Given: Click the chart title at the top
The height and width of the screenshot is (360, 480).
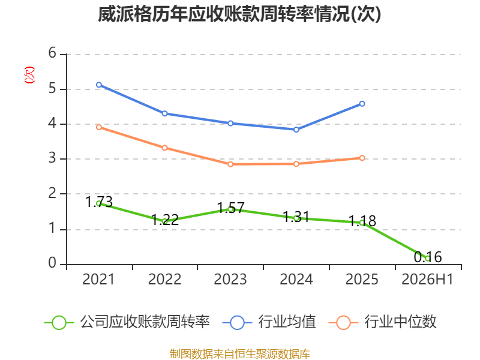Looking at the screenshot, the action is coord(239,14).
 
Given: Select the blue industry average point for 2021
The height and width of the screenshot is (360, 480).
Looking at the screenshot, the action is coord(99,85).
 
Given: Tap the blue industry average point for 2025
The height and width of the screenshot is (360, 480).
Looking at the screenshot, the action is coord(362,104).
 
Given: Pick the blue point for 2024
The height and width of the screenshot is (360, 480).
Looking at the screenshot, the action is coord(296,130).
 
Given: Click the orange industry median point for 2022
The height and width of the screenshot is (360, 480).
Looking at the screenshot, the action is coord(164,148).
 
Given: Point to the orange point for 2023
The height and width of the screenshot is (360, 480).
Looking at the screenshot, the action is coord(230,164).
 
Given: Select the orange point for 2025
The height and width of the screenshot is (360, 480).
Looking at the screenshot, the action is coord(362,158).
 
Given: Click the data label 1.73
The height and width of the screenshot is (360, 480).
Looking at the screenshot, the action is coord(99,202).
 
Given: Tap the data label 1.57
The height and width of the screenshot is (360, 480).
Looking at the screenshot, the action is coord(230,208).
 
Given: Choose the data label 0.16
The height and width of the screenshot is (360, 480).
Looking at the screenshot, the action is coord(428,257).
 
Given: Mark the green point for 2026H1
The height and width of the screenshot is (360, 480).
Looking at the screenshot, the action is coord(428,259).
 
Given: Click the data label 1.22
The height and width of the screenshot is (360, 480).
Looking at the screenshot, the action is coord(164,220).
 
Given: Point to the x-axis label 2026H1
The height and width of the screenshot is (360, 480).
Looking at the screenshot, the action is coord(427,279).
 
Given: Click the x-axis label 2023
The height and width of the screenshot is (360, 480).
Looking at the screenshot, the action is coord(230,279).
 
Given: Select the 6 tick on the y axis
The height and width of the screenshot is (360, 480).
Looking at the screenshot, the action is coord(52,53).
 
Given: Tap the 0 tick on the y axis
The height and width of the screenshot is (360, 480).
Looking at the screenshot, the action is coord(52,263).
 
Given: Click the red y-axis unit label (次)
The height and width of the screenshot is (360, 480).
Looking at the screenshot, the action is coord(29,75).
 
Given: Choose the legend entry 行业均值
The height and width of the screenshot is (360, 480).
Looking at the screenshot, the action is coord(269,322).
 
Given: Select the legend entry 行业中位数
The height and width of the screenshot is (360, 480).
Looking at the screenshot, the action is coord(382,322).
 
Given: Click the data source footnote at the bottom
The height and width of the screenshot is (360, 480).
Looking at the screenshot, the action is coord(240,353).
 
